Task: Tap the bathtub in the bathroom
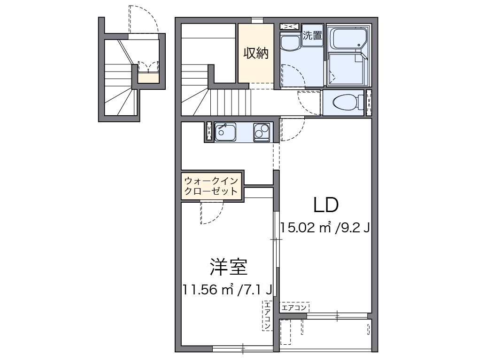point(348,39)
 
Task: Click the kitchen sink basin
point(226,132)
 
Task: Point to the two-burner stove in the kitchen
point(261,132)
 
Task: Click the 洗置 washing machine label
point(312,35)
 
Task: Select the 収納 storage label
point(255,54)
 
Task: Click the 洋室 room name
point(228,268)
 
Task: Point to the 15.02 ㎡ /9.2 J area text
point(325,228)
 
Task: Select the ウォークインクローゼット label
point(211,186)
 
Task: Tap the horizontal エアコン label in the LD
point(294,308)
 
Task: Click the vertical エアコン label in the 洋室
point(267,315)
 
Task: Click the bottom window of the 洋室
point(242,349)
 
